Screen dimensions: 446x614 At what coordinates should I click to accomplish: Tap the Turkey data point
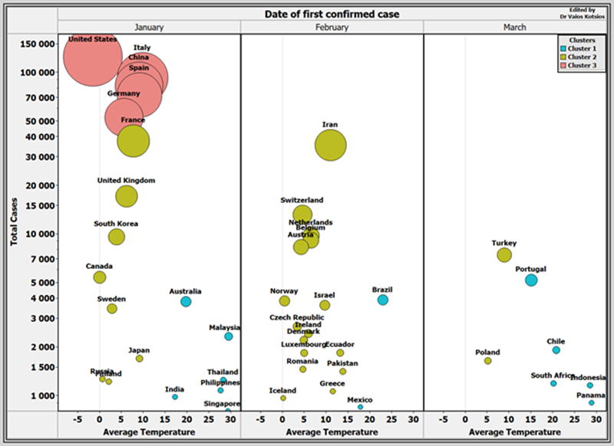pyautogui.click(x=504, y=255)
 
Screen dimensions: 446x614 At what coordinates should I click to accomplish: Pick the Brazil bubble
pyautogui.click(x=382, y=300)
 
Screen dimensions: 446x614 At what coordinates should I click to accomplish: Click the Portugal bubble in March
pyautogui.click(x=531, y=280)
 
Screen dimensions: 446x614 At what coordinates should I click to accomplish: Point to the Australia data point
pyautogui.click(x=186, y=302)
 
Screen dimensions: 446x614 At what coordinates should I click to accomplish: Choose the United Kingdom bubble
pyautogui.click(x=126, y=196)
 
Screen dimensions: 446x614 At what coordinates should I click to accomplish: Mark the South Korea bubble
pyautogui.click(x=117, y=237)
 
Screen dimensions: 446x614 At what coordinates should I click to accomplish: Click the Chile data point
pyautogui.click(x=556, y=350)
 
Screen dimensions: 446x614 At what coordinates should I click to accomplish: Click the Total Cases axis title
pyautogui.click(x=15, y=220)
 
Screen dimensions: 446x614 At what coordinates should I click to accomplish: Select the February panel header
pyautogui.click(x=332, y=27)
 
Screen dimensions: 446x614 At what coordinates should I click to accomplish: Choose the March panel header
pyautogui.click(x=514, y=27)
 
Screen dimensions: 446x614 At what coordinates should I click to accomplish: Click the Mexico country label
pyautogui.click(x=359, y=400)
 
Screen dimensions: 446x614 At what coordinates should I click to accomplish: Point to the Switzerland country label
pyautogui.click(x=302, y=200)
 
